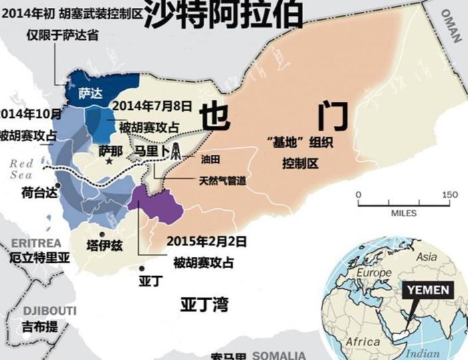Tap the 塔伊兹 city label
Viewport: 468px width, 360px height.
[x=105, y=245]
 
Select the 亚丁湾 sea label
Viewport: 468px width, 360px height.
[x=204, y=305]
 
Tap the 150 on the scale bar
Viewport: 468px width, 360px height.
[x=450, y=194]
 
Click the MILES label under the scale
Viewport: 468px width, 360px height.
[x=404, y=213]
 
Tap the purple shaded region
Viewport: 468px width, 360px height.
[x=160, y=206]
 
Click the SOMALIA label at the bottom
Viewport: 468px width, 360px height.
[x=279, y=355]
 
